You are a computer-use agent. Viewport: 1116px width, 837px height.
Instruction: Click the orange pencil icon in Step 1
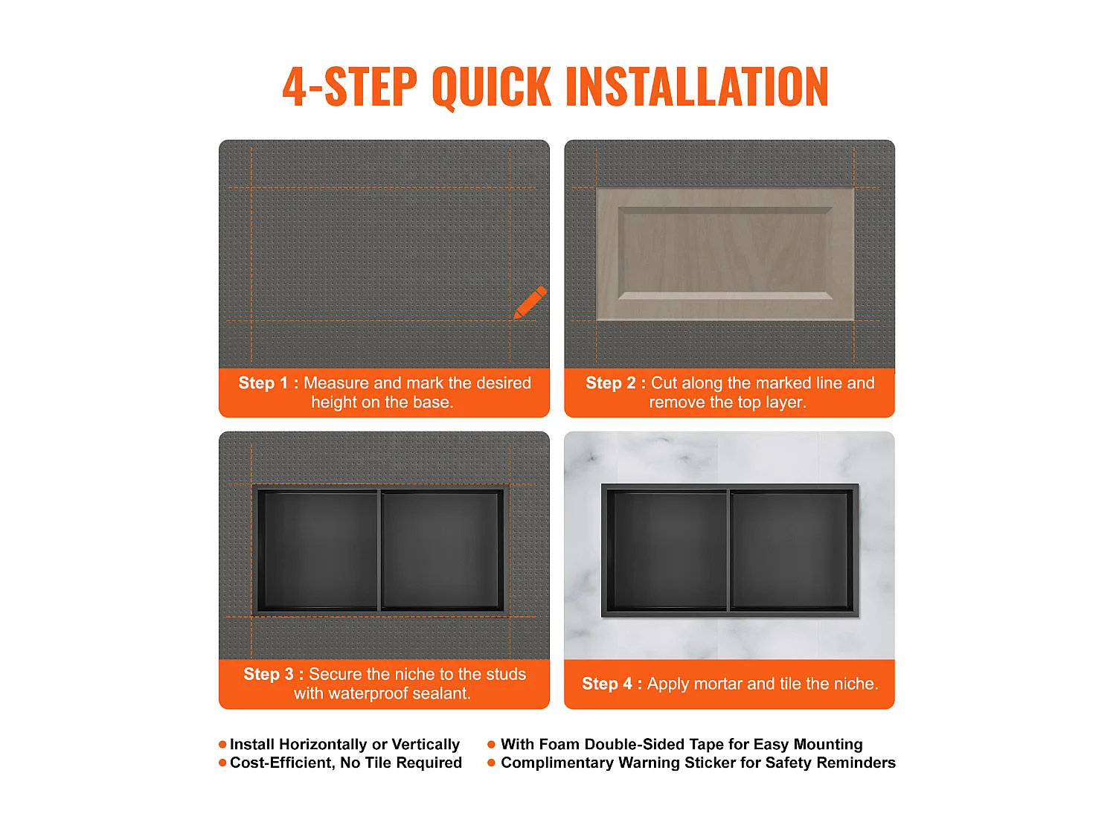pos(530,302)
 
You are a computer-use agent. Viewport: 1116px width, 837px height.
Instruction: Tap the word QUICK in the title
pos(491,87)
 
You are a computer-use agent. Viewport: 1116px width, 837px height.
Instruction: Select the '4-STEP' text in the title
pos(350,86)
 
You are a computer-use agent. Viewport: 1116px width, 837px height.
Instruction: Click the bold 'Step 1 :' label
pos(269,382)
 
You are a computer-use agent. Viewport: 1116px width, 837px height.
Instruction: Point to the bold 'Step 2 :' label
pos(615,382)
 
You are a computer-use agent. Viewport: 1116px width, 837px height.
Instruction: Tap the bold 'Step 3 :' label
pos(274,674)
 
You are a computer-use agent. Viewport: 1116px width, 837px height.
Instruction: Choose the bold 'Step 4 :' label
pos(612,684)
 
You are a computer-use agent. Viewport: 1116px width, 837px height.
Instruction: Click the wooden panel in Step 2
pos(725,254)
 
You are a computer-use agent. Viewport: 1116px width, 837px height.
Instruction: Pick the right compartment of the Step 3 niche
pos(441,551)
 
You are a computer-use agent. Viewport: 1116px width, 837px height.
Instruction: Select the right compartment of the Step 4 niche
pos(791,551)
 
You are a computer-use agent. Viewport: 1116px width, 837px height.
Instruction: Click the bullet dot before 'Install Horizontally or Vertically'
pos(222,745)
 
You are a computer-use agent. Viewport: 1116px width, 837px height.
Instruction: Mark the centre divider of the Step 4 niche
pos(728,551)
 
